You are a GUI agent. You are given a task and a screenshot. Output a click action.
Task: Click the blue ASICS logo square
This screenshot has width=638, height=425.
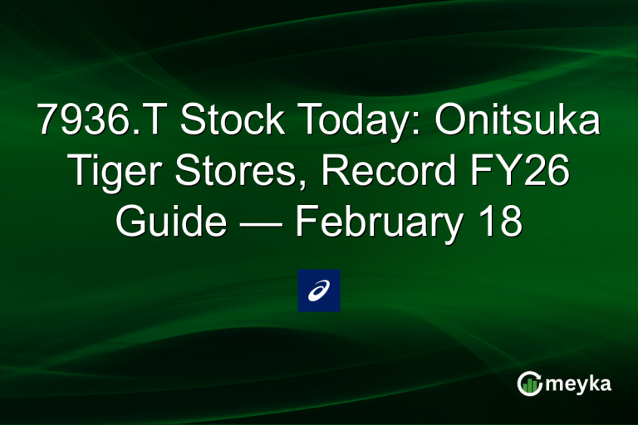point(319,291)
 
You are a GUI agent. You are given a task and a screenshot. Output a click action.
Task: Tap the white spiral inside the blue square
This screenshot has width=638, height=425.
point(319,291)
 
